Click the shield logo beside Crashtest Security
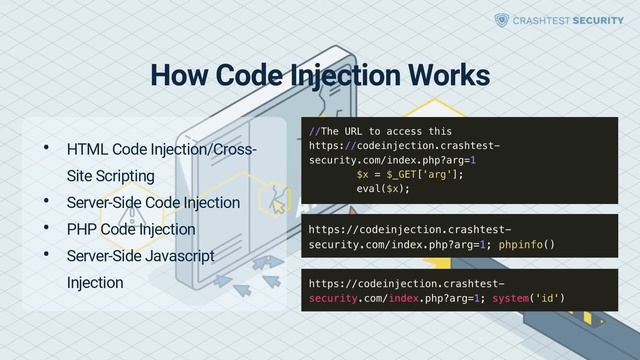pos(502,20)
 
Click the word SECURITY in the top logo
pos(598,20)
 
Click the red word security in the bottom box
pos(337,298)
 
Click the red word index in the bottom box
pos(404,298)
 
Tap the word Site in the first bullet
pos(79,177)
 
